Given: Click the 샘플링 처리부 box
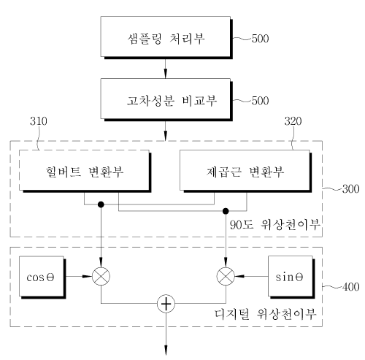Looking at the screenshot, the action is [166, 37].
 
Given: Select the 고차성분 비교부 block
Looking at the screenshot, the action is [166, 99].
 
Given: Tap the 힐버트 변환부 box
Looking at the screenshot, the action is [85, 171].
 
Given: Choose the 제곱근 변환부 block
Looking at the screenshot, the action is [245, 171].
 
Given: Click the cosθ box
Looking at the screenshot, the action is [42, 277].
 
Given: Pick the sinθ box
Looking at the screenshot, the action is [291, 277].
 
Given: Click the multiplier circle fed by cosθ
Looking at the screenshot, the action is [101, 276].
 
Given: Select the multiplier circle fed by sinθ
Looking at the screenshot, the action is [226, 276].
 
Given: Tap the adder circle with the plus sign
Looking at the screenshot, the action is [166, 304].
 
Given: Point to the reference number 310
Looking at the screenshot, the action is [39, 121].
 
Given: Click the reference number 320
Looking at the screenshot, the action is [293, 121].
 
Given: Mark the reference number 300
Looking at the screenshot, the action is [350, 189].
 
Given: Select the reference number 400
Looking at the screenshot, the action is [350, 287].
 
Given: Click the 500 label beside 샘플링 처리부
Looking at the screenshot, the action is [260, 39].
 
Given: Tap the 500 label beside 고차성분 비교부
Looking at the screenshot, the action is [260, 101].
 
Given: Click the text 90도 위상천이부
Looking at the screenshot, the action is [275, 224].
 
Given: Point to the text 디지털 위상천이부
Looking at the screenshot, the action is [266, 314].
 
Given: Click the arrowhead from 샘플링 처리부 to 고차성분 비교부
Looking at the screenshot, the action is [166, 74].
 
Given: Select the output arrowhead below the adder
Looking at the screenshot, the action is [166, 351].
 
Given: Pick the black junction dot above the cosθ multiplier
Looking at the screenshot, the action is [101, 204].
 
